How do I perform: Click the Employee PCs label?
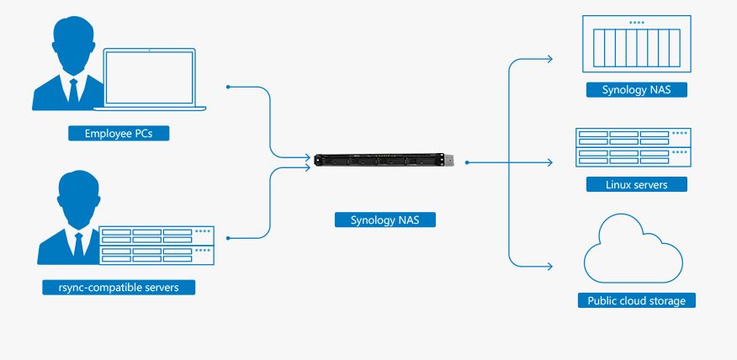coord(119,134)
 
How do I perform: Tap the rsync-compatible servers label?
coord(119,287)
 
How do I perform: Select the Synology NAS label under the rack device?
coord(385,220)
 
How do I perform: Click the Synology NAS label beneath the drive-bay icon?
coord(636,90)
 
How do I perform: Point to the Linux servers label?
coord(636,184)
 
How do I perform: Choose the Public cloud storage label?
coord(636,300)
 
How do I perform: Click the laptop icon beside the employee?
coord(150,79)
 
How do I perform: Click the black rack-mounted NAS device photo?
coord(384,160)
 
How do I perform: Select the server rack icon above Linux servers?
coord(634,147)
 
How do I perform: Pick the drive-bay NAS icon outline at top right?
coord(636,44)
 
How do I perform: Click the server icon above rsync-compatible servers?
coord(156,246)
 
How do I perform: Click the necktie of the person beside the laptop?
coord(73,91)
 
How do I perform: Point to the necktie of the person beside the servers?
coord(78,245)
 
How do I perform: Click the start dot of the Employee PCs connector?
coord(228,87)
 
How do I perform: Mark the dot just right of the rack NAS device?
coord(467,162)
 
